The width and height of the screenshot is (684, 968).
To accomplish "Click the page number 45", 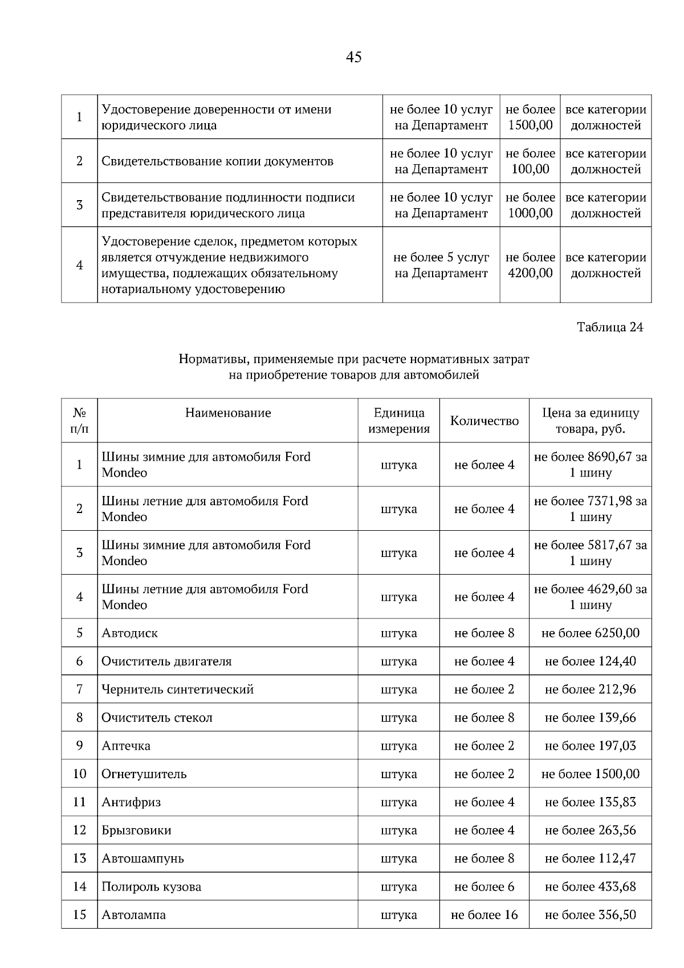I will coord(353,57).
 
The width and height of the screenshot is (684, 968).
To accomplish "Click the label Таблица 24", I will coord(610,327).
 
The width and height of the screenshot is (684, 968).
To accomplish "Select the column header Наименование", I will coord(228,413).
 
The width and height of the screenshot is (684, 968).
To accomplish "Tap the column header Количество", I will coord(484,421).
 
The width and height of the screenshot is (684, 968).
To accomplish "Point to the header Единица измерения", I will coord(398,421).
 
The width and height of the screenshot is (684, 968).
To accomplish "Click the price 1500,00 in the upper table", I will coord(530,125).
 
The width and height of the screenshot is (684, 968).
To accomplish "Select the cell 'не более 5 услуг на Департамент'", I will coord(441,265).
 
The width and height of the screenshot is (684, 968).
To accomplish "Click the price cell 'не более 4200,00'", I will coord(530,265).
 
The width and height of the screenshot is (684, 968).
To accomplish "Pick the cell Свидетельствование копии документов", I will coord(217,161).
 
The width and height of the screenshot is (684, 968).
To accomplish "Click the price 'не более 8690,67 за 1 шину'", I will coord(590,465).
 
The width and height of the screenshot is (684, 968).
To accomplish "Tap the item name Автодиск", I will coord(129,633).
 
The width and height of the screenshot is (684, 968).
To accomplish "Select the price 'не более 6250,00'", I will coord(590,633).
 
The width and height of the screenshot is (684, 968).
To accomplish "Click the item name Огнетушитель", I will coord(144,774).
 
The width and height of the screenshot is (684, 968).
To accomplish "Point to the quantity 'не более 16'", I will coord(484,915).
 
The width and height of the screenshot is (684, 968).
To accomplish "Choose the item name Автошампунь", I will coord(142,859).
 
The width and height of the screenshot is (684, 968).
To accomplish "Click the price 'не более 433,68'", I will coord(590,887).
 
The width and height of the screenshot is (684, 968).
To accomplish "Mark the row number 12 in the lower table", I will coord(79,831).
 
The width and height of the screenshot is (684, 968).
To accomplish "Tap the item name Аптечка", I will coord(126,746).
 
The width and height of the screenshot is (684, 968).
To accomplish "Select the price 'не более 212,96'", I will coord(590,690).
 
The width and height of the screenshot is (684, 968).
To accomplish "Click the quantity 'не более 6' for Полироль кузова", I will coord(484,887).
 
